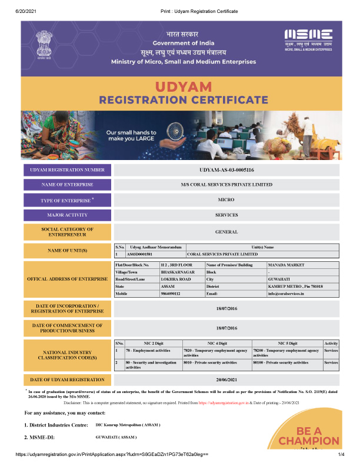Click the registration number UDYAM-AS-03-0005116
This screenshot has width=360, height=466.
pos(226,170)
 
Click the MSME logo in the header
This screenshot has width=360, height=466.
pos(308,39)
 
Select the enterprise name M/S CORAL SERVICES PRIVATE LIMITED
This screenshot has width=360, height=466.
pos(226,185)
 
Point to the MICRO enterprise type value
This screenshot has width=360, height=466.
pos(226,200)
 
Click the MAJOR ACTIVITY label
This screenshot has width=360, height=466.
pos(67,215)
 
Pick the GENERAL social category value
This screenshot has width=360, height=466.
pos(226,232)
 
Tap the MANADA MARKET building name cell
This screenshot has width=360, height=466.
pos(286,265)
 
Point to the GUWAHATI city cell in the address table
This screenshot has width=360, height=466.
pos(279,279)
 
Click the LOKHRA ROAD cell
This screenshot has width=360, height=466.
pos(176,279)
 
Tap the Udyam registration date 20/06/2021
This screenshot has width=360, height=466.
pos(226,380)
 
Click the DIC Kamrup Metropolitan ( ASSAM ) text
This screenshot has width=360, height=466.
pos(128,424)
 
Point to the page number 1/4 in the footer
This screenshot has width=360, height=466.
pos(341,455)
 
